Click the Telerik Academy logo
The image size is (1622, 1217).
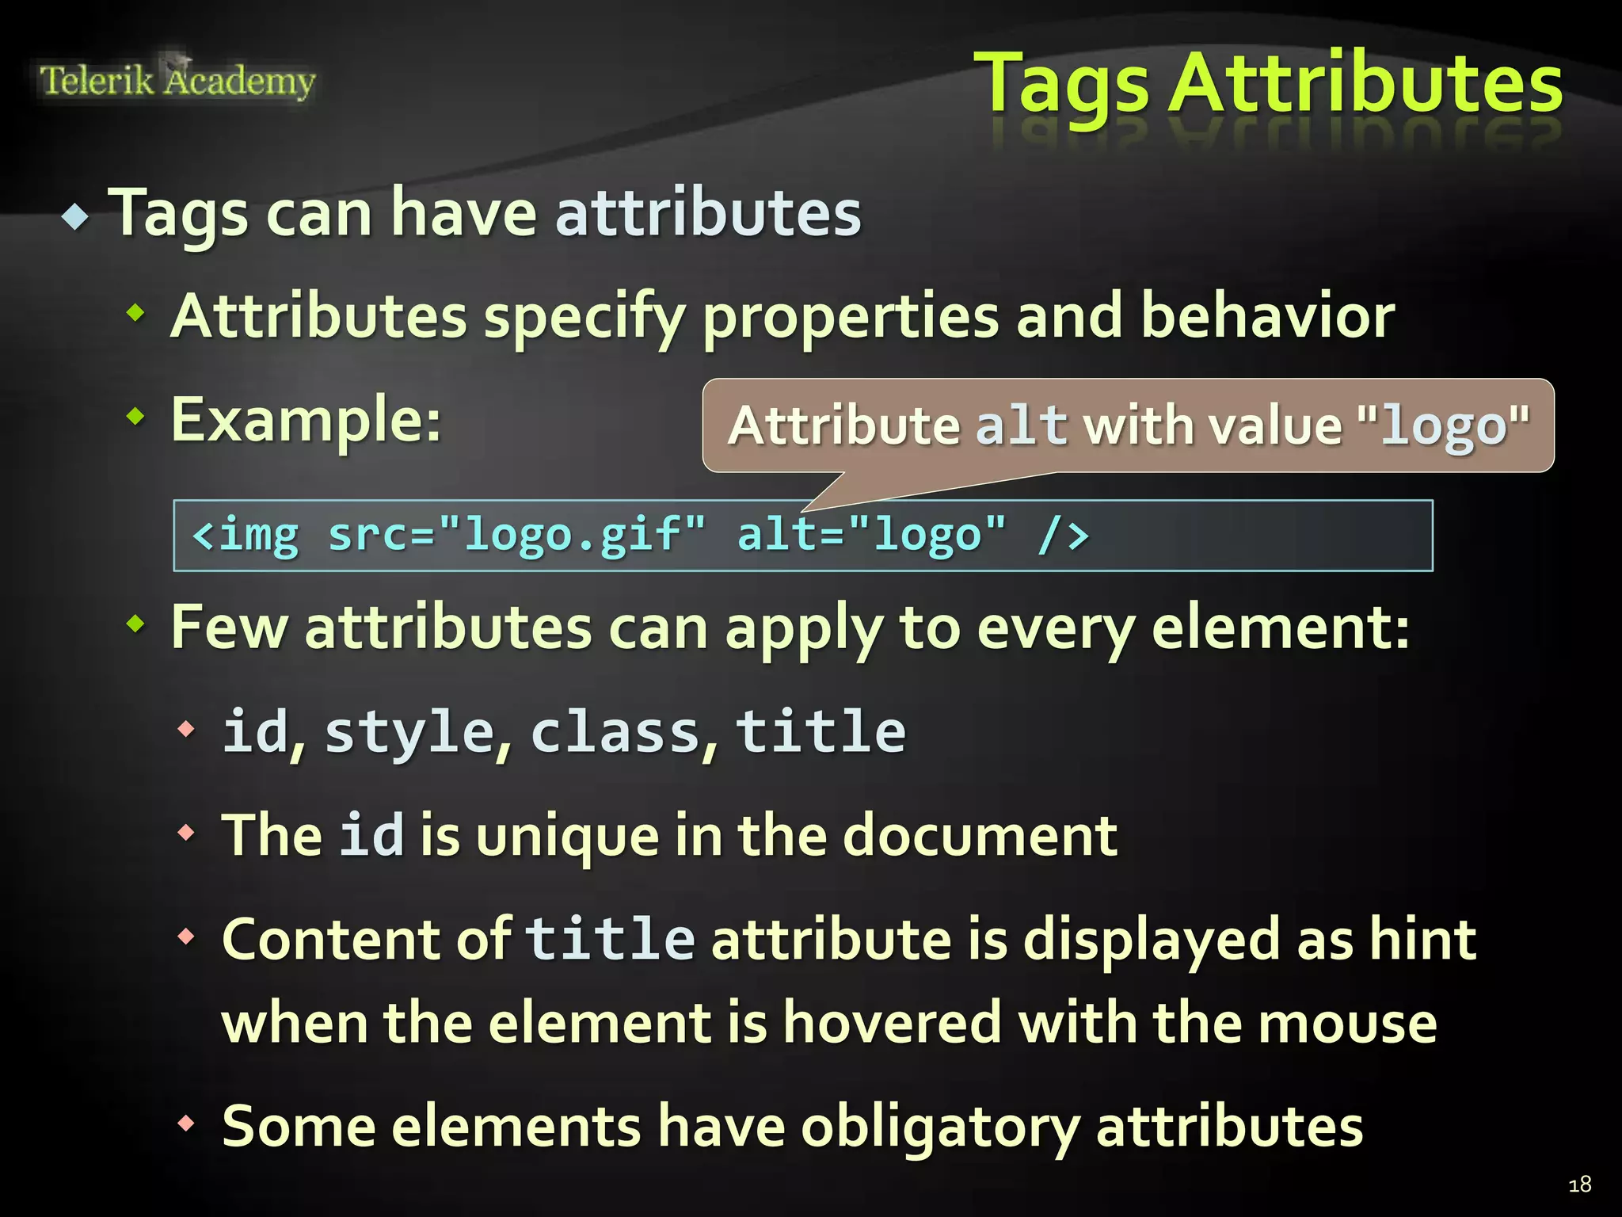[177, 81]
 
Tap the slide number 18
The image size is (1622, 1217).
[1579, 1185]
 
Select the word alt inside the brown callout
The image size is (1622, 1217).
[1021, 426]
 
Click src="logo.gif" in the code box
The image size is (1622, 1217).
[516, 535]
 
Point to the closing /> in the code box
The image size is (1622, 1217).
[1064, 535]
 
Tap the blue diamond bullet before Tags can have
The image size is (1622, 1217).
[75, 216]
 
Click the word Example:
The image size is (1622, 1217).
[306, 419]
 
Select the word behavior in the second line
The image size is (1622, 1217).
[1267, 316]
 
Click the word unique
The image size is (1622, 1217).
[567, 837]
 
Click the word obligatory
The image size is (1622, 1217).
[939, 1127]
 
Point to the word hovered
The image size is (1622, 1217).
[893, 1023]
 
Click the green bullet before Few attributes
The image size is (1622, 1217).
[136, 624]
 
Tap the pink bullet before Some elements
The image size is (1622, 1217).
[186, 1123]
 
